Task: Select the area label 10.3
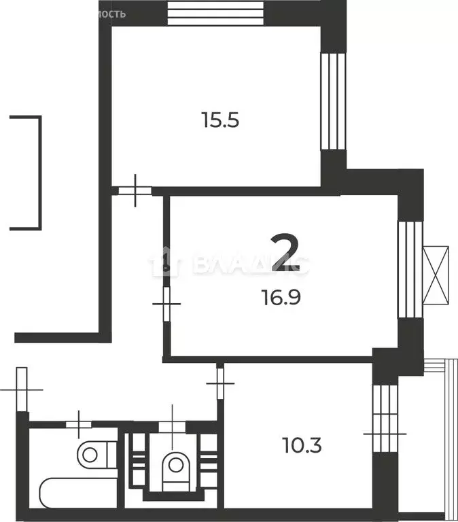click(301, 447)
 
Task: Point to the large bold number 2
click(285, 252)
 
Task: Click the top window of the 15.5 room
click(215, 12)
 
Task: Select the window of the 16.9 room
click(410, 269)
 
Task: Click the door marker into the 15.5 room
click(136, 191)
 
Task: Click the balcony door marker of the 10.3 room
click(385, 432)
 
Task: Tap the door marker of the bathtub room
click(80, 425)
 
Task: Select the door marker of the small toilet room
click(173, 425)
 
